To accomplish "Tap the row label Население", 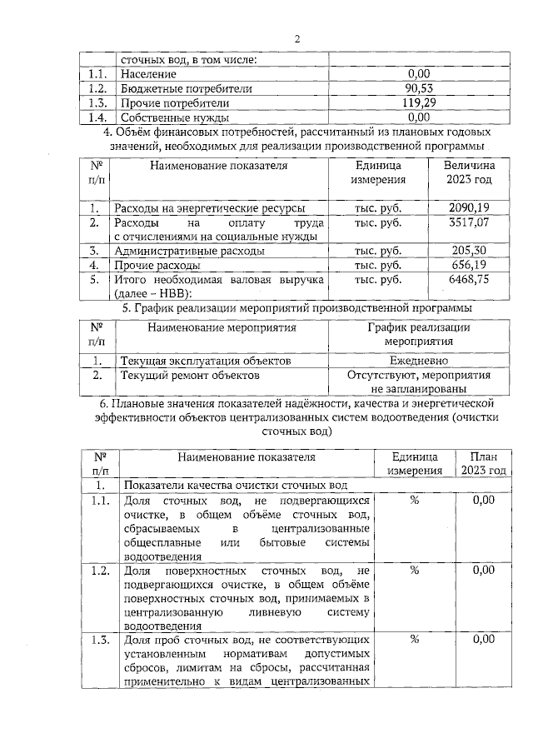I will pyautogui.click(x=147, y=74).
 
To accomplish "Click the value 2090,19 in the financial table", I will pyautogui.click(x=468, y=207).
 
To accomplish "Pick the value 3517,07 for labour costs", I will pyautogui.click(x=468, y=222).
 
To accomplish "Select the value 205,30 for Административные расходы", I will pyautogui.click(x=468, y=251).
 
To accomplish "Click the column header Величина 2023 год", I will pyautogui.click(x=469, y=172).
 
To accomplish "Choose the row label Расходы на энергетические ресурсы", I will pyautogui.click(x=209, y=207).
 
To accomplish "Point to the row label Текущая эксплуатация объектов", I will pyautogui.click(x=206, y=361).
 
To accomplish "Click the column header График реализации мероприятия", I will pyautogui.click(x=419, y=334).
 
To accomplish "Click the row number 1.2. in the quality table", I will pyautogui.click(x=101, y=571).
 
